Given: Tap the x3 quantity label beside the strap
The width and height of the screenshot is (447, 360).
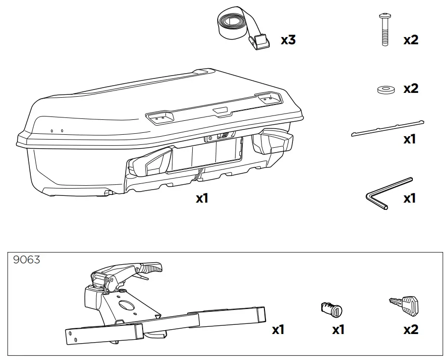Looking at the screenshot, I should coord(288,40).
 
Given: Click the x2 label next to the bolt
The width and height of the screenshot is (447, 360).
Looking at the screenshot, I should coord(411,40).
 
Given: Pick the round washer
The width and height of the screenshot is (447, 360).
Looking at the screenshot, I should coord(384,90).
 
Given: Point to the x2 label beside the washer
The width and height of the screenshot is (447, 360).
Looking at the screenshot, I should coord(411,89).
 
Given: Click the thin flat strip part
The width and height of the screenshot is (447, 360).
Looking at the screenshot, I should coord(387,128).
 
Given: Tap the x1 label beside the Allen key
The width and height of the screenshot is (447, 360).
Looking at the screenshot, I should coord(409,198).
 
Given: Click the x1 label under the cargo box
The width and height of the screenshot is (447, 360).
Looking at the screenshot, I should coord(202,198).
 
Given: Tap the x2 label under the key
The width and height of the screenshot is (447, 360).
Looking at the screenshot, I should coord(411,330).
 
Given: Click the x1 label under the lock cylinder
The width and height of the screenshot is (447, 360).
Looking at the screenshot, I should coord(339,330).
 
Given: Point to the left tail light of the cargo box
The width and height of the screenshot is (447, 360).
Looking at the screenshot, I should coord(151,162).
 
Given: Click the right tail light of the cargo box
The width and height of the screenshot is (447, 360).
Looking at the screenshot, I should coord(272,141).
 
